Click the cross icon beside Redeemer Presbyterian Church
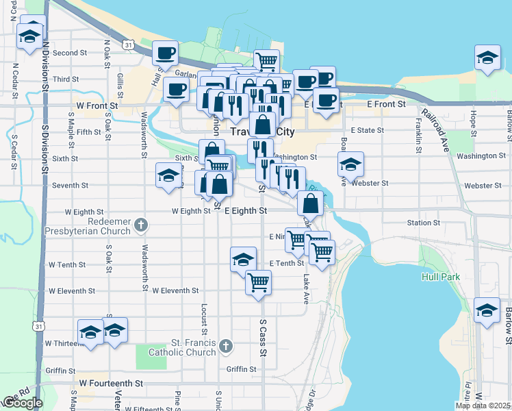[140, 224]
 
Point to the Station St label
[423, 223]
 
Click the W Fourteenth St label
[111, 383]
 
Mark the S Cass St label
[262, 337]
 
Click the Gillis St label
[120, 86]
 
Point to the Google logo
[22, 403]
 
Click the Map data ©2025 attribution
[483, 406]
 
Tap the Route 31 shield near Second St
[129, 44]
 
